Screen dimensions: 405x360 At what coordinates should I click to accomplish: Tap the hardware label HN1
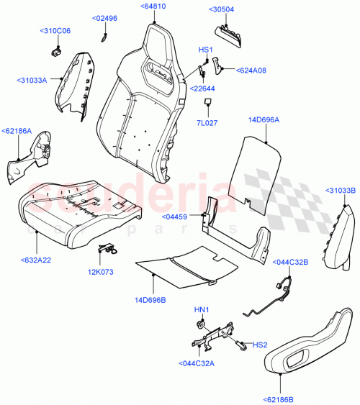201,310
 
